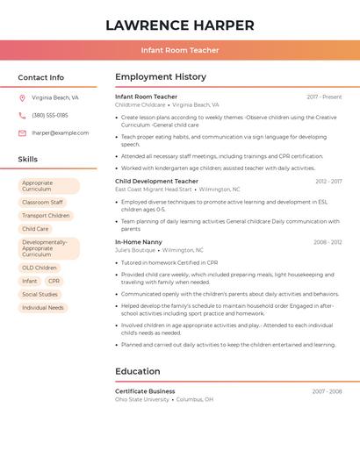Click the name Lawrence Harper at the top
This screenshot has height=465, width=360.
pos(180,25)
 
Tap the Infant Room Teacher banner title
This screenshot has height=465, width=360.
pos(180,50)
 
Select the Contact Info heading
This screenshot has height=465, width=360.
pos(40,77)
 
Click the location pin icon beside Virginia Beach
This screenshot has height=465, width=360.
pos(22,98)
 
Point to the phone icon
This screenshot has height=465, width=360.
pos(22,116)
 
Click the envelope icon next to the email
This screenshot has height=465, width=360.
pos(22,133)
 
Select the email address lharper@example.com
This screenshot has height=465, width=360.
pos(60,133)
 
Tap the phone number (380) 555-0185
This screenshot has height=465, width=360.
pos(50,116)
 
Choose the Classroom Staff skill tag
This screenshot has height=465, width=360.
pos(42,203)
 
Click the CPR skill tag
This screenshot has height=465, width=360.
pos(54,282)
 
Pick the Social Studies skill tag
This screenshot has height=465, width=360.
pos(40,295)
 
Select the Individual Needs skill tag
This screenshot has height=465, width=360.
pos(43,308)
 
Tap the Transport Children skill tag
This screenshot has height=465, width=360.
pos(46,216)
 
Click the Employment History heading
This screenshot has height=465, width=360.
pos(161,77)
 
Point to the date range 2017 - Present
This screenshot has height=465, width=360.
pos(324,97)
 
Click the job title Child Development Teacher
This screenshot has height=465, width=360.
pos(156,182)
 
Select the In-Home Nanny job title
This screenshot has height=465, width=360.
pos(139,242)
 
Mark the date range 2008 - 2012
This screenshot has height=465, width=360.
pos(328,242)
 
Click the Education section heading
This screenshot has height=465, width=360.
pos(138,371)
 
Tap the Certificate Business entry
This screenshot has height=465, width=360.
pos(145,391)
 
